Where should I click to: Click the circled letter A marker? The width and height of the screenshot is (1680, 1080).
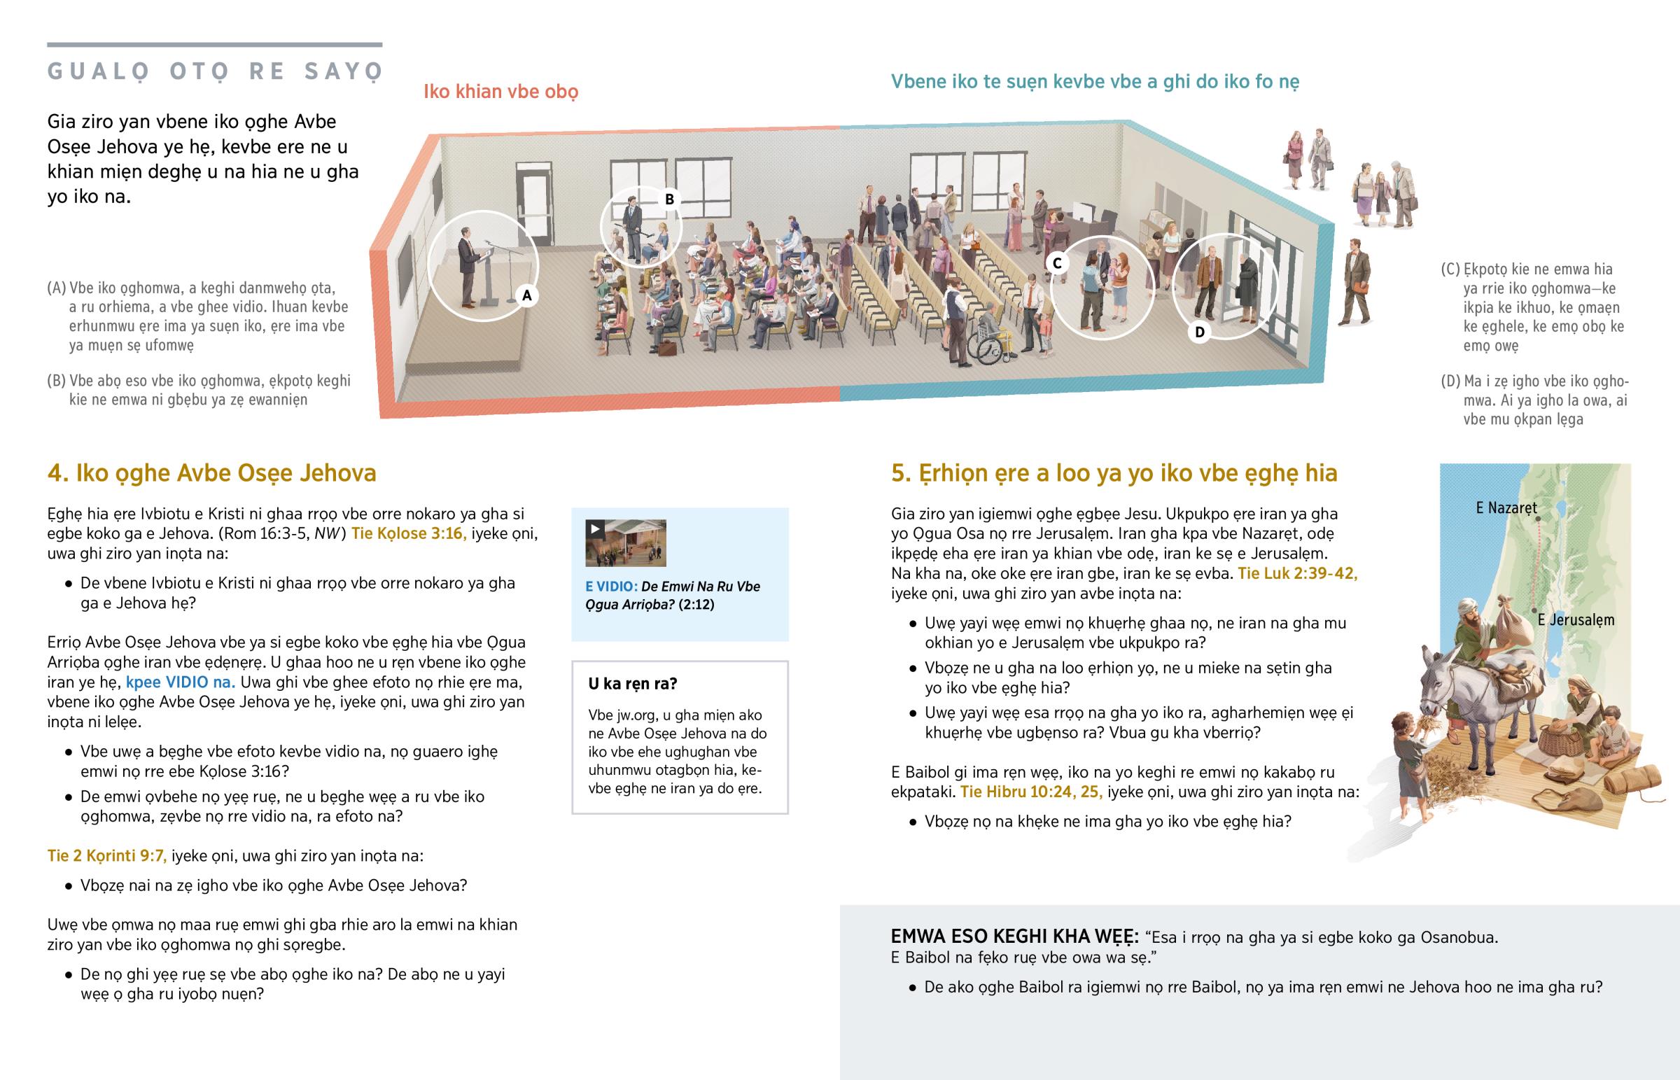[526, 295]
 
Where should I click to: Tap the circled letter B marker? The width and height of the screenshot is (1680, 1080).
[669, 199]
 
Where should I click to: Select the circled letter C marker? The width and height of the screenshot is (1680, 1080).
[1057, 263]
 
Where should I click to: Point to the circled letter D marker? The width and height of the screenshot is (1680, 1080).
[1199, 332]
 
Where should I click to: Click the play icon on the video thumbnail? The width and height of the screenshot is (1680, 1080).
[595, 528]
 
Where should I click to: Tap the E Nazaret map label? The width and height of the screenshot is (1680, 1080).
[1506, 507]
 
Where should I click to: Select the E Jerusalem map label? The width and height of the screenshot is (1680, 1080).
[1576, 620]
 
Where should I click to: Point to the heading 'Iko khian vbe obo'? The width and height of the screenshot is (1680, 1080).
[500, 92]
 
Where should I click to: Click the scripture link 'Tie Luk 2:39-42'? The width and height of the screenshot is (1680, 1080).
[1297, 573]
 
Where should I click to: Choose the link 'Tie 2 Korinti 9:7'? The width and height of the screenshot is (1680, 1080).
[106, 855]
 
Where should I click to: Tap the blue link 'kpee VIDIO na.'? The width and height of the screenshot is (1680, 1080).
[180, 682]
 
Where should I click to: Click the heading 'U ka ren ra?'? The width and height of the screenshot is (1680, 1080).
[633, 684]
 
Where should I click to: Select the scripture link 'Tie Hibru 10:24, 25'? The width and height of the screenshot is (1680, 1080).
[1030, 792]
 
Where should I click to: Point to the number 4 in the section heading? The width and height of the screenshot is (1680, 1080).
[55, 472]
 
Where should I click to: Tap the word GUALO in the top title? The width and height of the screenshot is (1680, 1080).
[99, 71]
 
